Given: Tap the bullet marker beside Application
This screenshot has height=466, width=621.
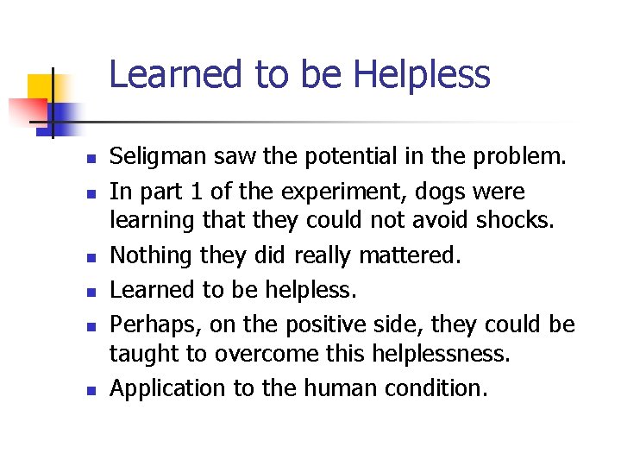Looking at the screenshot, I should [90, 390].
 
